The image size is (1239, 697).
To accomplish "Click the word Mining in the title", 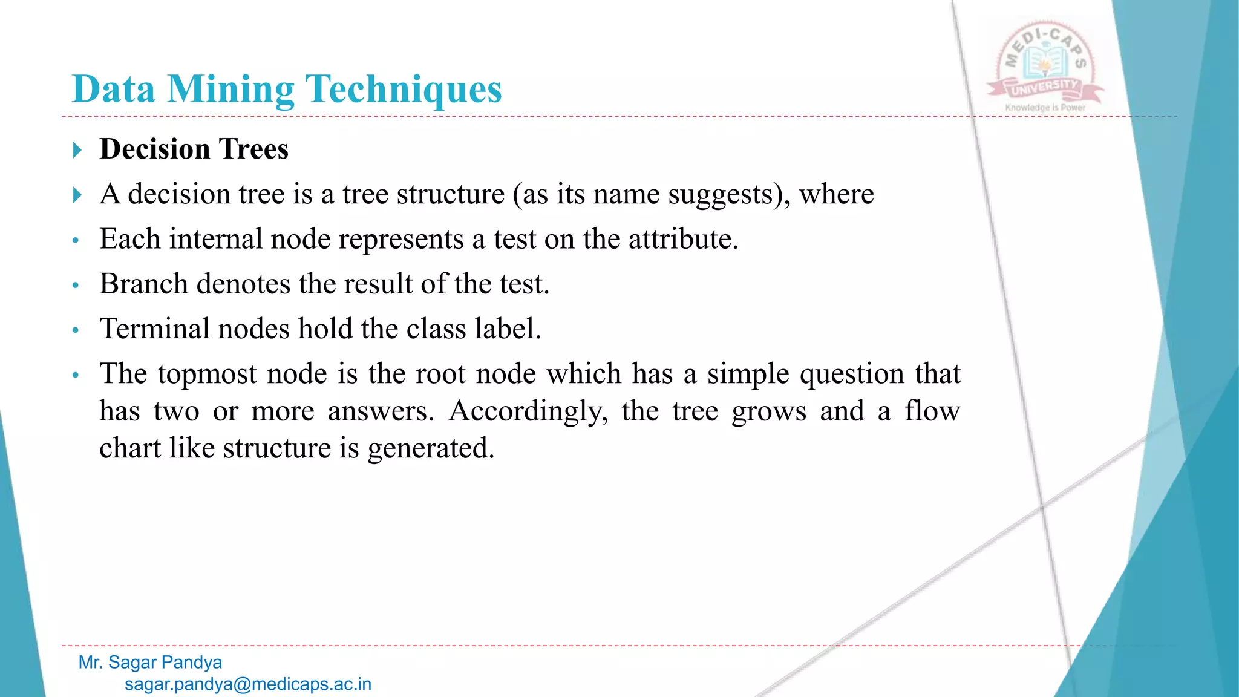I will point(230,90).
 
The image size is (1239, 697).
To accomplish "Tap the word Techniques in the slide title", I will point(404,90).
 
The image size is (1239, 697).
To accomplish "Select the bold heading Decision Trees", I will point(194,149).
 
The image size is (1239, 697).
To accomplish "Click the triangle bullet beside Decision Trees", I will point(77,149).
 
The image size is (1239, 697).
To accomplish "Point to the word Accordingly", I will point(528,411).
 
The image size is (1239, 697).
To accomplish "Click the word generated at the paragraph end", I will point(430,448).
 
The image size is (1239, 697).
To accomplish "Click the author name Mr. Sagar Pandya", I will point(150,663).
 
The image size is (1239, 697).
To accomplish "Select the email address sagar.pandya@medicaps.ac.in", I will point(248,684).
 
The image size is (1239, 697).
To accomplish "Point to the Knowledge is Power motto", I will point(1045,108).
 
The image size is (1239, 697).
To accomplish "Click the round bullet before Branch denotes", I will point(76,285).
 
